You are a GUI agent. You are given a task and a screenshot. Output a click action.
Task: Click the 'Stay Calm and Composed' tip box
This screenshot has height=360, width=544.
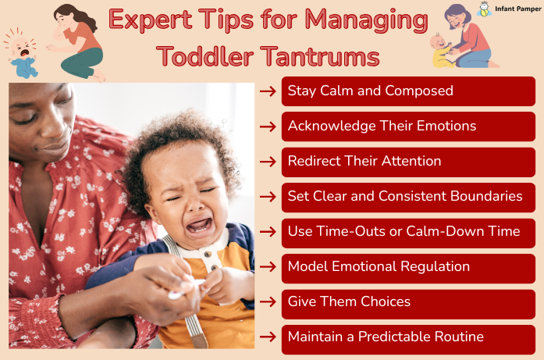(x=408, y=91)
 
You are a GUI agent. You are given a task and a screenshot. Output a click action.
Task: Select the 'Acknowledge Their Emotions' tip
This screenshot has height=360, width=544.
(x=408, y=126)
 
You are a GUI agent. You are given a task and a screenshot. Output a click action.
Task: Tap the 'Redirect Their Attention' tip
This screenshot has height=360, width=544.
(x=408, y=162)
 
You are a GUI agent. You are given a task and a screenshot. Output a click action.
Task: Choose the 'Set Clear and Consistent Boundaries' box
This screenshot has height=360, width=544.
(x=408, y=197)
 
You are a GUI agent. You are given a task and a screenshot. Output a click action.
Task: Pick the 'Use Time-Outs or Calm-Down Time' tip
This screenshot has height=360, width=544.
(x=408, y=232)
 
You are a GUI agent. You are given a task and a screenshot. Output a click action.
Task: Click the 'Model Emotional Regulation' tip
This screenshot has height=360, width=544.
(x=408, y=267)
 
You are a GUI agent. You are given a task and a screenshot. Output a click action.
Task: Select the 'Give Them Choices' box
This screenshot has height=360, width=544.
(x=408, y=302)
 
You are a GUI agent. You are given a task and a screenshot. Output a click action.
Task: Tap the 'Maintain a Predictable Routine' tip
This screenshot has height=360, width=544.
(x=408, y=337)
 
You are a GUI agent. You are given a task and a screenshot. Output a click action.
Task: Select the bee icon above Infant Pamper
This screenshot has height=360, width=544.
(x=485, y=10)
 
